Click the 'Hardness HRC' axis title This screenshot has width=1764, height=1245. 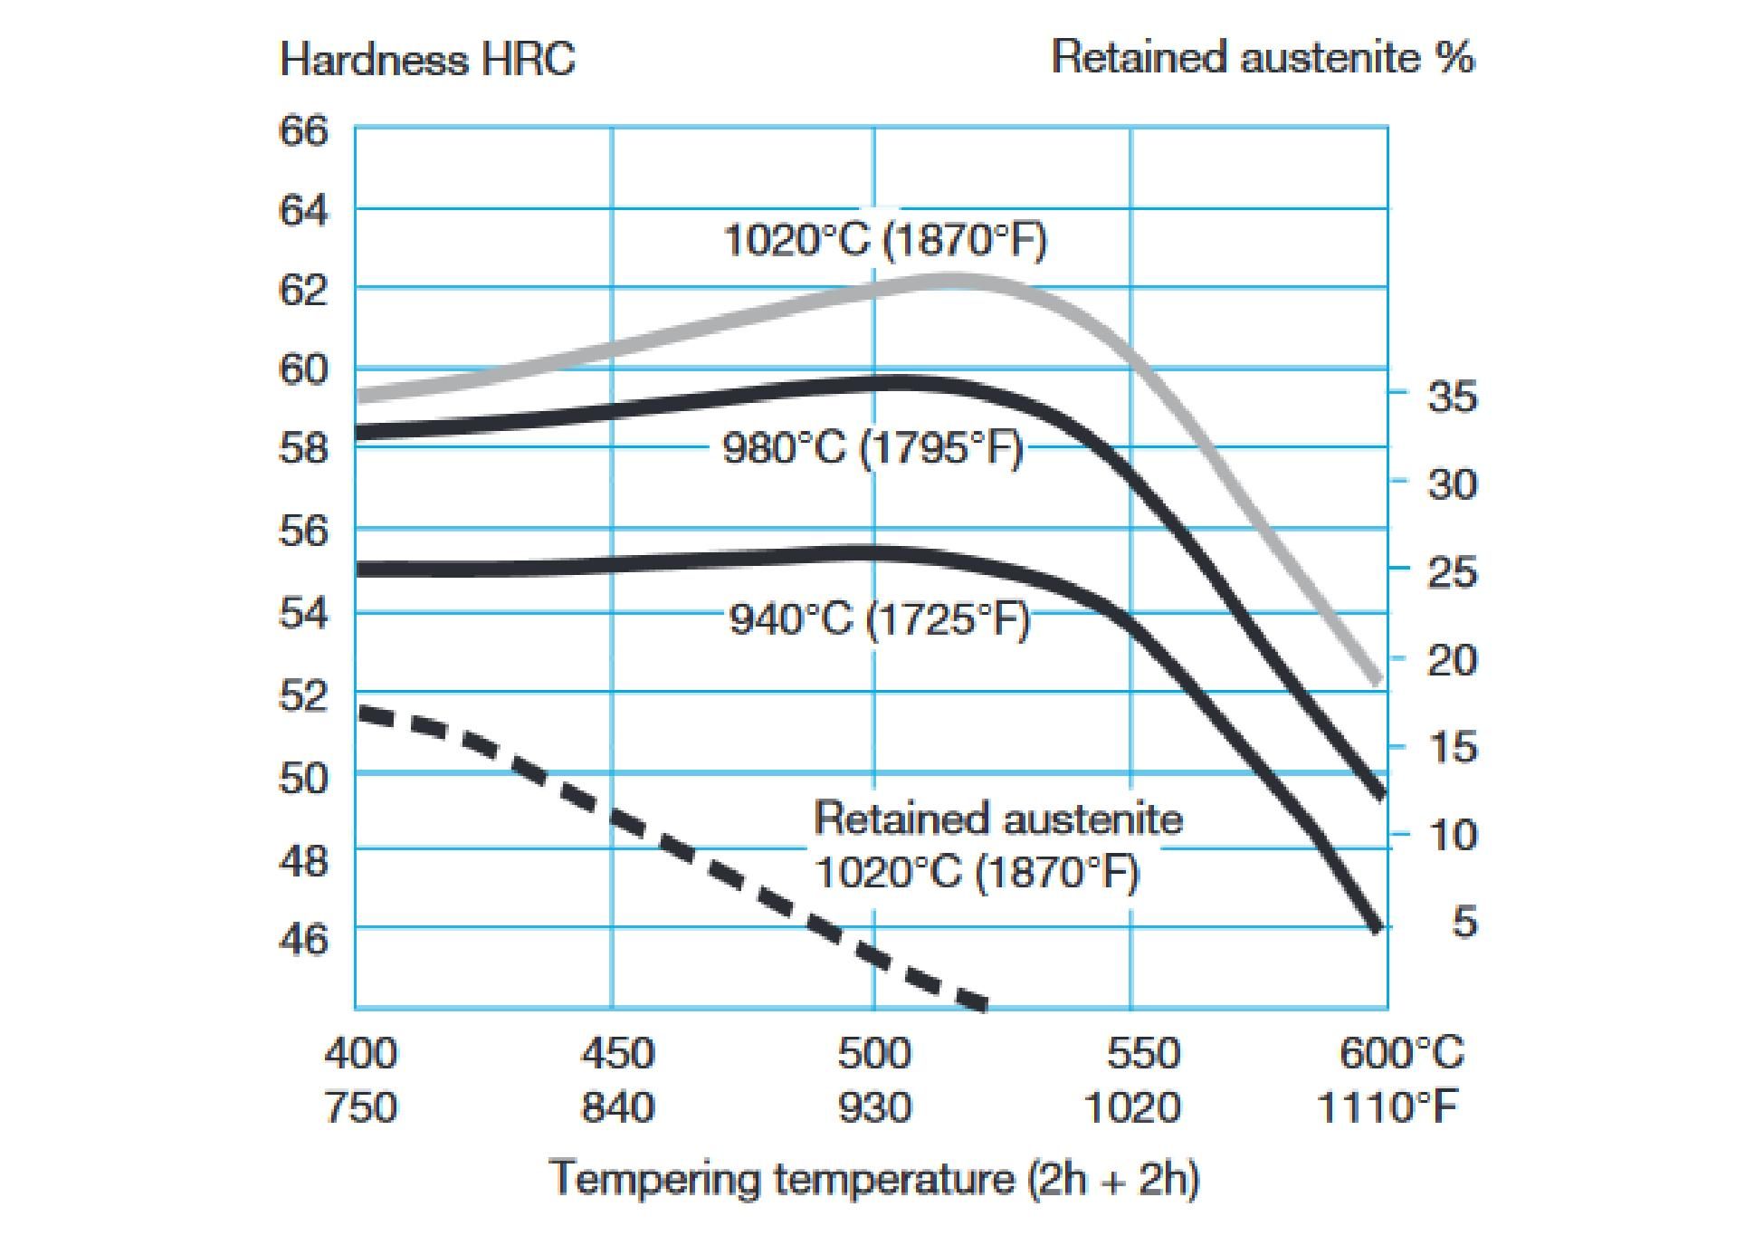427,60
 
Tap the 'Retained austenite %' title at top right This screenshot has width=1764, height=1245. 1263,57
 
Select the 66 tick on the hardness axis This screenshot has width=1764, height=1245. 303,130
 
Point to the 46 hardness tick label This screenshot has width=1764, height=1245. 303,939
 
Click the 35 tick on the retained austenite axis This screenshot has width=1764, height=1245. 1452,396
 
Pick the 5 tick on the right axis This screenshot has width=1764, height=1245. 1464,921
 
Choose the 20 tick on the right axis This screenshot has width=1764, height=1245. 1452,659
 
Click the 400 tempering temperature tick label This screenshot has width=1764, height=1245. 360,1053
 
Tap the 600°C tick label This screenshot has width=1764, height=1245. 1401,1053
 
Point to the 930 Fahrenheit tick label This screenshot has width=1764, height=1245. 874,1107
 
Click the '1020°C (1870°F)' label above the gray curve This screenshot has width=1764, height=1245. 885,241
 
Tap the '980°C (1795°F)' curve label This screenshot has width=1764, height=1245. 872,447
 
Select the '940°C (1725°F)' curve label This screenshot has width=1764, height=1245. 880,620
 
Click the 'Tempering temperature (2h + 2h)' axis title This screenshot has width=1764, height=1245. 874,1178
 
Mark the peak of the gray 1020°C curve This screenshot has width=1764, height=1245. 950,281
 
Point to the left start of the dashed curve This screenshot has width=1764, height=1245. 362,713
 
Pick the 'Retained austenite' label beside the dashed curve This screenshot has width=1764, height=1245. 997,819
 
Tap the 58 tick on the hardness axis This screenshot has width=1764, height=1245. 303,447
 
